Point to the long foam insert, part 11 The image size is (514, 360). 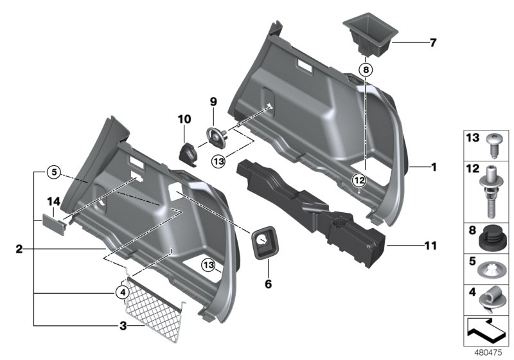(x=308, y=206)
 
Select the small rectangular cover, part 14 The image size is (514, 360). (x=53, y=222)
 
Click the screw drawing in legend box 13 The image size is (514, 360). (x=495, y=145)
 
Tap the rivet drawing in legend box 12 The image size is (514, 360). (x=495, y=190)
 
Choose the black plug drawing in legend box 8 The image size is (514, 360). (x=493, y=239)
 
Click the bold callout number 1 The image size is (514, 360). (x=434, y=167)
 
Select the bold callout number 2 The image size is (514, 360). (x=19, y=248)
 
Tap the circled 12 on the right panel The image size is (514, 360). (x=358, y=179)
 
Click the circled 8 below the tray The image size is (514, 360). (x=365, y=69)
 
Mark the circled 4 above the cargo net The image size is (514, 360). (x=123, y=292)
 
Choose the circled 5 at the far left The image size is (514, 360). (x=54, y=172)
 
